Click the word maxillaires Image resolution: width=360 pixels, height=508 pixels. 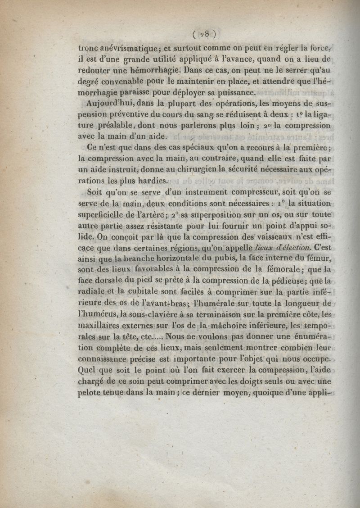[x=103, y=324]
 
